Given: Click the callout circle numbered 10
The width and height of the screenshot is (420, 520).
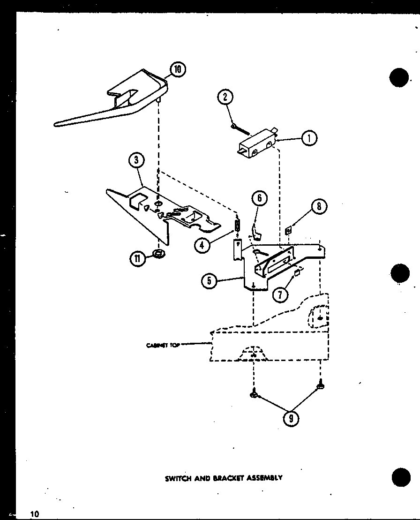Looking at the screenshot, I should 177,70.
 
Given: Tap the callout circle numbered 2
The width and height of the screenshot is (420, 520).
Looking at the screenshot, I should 225,97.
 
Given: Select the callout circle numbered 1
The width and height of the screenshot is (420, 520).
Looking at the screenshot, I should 309,138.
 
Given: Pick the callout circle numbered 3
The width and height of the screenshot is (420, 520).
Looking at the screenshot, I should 136,160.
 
